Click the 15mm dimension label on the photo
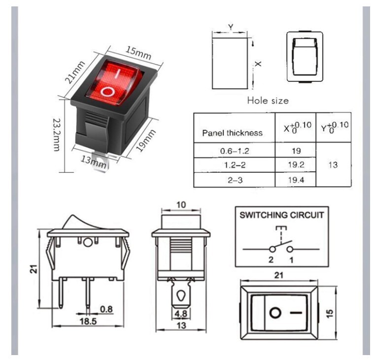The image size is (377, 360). click(138, 53)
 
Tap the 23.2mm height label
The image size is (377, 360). click(57, 134)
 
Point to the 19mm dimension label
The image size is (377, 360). click(146, 140)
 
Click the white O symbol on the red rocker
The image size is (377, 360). click(107, 92)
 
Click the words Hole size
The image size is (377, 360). click(268, 100)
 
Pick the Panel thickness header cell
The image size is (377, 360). click(232, 133)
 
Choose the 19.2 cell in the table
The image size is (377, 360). click(296, 165)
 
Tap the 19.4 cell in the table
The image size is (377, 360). click(296, 180)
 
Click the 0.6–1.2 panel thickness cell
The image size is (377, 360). click(235, 151)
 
